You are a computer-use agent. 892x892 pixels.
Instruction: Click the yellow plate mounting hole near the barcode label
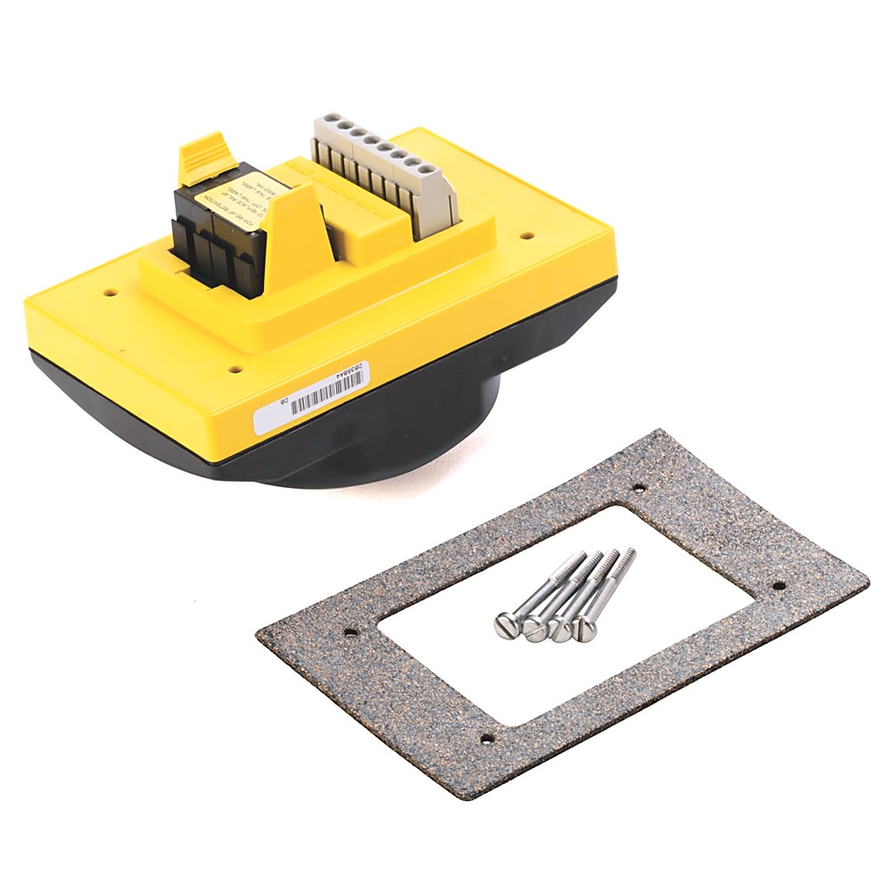point(235,368)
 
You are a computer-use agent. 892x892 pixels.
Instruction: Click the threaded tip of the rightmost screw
point(631,553)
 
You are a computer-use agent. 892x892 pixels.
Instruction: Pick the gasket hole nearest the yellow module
point(639,488)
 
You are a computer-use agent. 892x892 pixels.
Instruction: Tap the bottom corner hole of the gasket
point(487,739)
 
